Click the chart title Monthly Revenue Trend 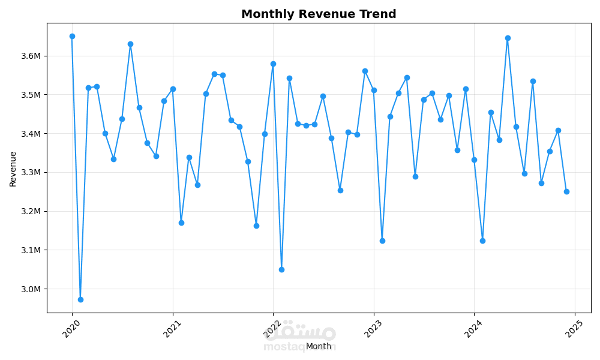click(x=319, y=14)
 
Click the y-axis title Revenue click(x=13, y=169)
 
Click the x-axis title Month click(x=319, y=346)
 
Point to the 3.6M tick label click(x=30, y=56)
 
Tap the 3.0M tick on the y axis click(x=30, y=289)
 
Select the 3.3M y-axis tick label click(x=30, y=172)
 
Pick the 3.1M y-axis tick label click(x=30, y=250)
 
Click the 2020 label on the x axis click(x=71, y=328)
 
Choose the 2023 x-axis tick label click(x=373, y=328)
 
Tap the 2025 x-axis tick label click(x=574, y=328)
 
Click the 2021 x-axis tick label click(x=172, y=328)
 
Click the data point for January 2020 click(x=72, y=36)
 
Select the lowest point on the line click(x=80, y=299)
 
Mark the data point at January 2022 click(x=273, y=64)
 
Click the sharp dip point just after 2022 click(x=281, y=269)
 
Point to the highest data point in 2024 click(x=508, y=38)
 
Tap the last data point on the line click(x=566, y=191)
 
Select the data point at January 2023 click(x=374, y=90)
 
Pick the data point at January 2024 click(x=474, y=160)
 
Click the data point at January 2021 click(x=173, y=89)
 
